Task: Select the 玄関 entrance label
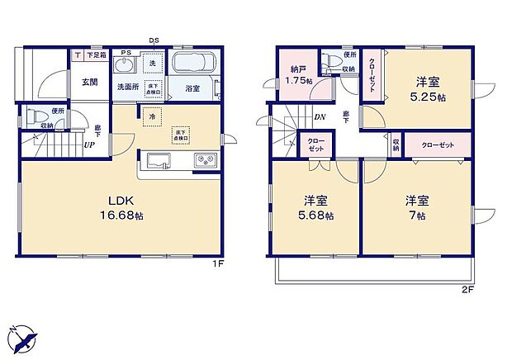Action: pyautogui.click(x=90, y=82)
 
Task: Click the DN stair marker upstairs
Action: pyautogui.click(x=319, y=117)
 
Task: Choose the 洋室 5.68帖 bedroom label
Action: pyautogui.click(x=317, y=207)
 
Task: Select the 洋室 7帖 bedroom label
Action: pyautogui.click(x=416, y=207)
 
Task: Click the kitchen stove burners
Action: pyautogui.click(x=204, y=159)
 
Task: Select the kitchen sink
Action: pyautogui.click(x=158, y=159)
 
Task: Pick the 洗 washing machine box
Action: pyautogui.click(x=153, y=63)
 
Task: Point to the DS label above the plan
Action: pyautogui.click(x=154, y=40)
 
